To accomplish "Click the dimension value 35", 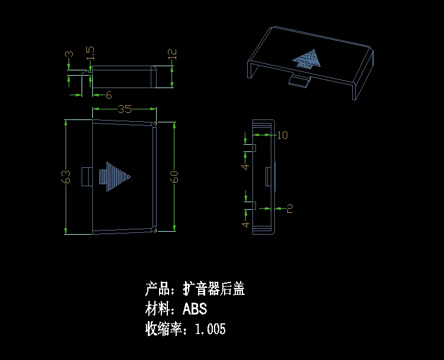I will point(125,109).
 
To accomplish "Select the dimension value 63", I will point(67,176).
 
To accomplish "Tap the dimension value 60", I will point(174,176).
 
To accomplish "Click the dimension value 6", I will point(109,95).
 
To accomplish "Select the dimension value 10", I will point(282,135).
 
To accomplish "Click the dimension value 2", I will point(290,208).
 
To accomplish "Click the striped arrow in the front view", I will point(116,176).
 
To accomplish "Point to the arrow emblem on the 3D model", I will point(307,60).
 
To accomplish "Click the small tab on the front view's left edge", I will point(86,176).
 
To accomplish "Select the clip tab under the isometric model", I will point(300,80).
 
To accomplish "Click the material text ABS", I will point(195,309).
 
